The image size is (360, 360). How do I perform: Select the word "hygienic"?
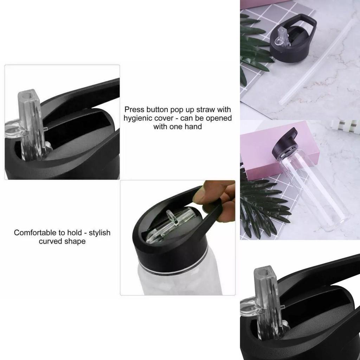pos(138,118)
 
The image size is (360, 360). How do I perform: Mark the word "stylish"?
pos(99,232)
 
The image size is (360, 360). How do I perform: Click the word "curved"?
pos(50,242)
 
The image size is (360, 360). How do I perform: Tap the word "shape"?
pos(75,242)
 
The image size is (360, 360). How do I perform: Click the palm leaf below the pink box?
pos(264,207)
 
